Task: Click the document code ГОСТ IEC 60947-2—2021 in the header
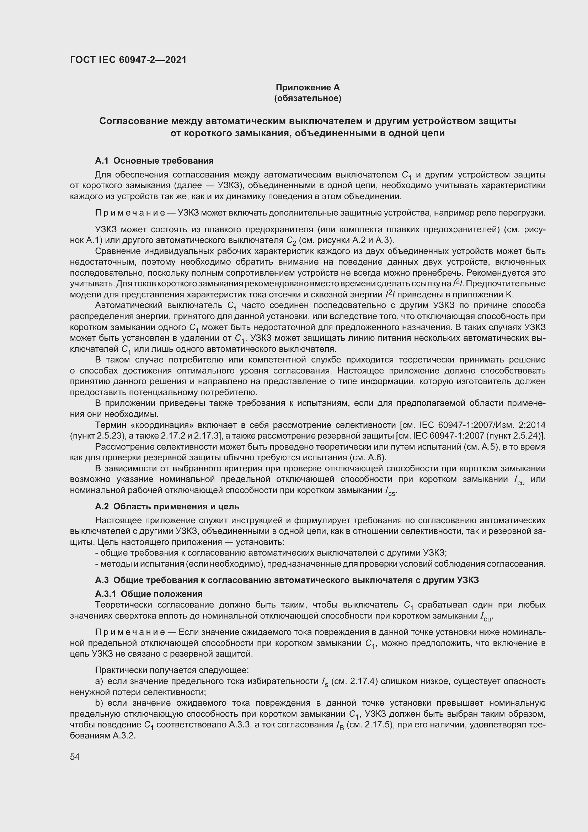tap(128, 60)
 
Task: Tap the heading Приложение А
tap(308, 88)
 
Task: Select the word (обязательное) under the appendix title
tap(308, 98)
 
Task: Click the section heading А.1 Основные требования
tap(154, 160)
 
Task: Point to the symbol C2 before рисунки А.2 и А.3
tap(291, 240)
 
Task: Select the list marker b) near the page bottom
tap(99, 703)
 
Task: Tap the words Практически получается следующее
tap(172, 671)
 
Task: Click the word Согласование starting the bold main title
tap(133, 121)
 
